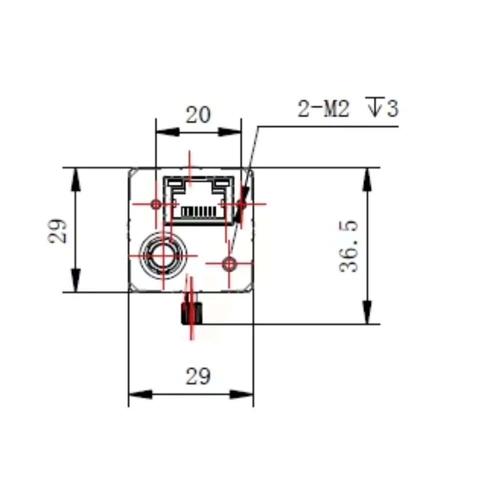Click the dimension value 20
[198, 115]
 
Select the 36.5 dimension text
[349, 246]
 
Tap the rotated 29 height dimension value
[57, 231]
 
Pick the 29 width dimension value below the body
[198, 376]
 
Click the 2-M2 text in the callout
[323, 108]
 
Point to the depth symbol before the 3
[375, 106]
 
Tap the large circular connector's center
[163, 255]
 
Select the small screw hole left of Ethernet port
[156, 204]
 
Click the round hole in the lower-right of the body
[229, 264]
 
